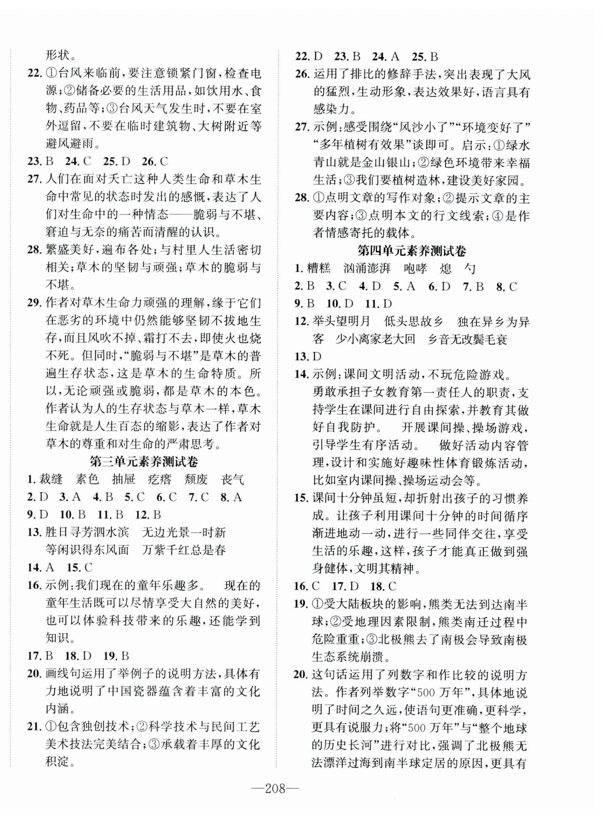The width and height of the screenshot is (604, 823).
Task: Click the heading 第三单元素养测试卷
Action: tap(144, 462)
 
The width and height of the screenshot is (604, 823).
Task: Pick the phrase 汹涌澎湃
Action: tap(367, 269)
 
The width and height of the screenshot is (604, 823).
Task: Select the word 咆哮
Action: tap(415, 269)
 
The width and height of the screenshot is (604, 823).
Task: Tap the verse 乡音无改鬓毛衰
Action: tap(468, 339)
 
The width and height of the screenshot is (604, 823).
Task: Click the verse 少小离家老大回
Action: tap(376, 339)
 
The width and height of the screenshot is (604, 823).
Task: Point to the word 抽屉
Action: tap(124, 479)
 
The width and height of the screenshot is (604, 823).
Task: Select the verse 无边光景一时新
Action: tap(184, 532)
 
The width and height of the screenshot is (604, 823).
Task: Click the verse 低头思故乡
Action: tap(414, 322)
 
